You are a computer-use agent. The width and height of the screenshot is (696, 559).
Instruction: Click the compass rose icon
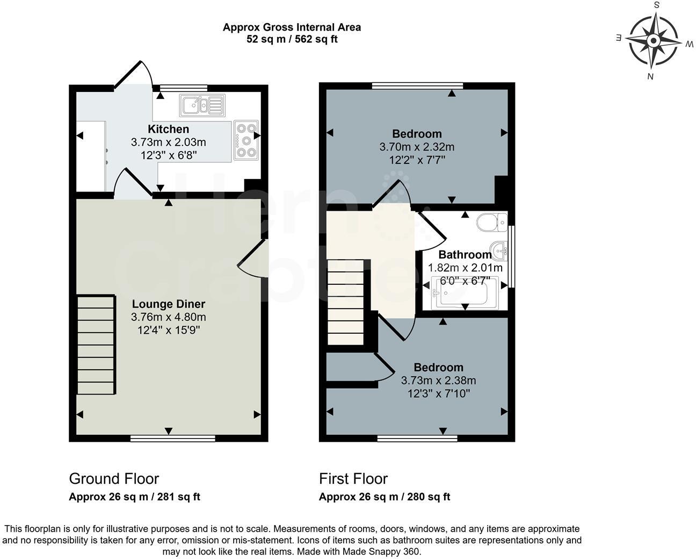click(x=653, y=41)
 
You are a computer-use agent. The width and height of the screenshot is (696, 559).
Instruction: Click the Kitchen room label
click(x=169, y=129)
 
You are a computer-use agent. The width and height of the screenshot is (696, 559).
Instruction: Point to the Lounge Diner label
click(x=169, y=304)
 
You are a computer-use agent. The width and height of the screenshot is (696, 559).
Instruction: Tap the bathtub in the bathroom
click(x=465, y=293)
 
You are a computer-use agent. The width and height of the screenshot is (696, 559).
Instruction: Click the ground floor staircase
click(x=96, y=345)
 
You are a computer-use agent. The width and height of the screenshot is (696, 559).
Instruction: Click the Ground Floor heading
click(x=114, y=478)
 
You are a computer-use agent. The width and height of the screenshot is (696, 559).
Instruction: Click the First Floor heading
click(x=353, y=478)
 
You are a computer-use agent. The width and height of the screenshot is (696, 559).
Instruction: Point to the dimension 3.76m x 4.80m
click(x=169, y=317)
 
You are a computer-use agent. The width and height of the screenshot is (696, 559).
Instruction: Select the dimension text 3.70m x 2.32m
click(x=417, y=147)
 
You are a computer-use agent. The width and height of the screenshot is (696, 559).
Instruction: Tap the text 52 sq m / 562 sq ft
click(x=292, y=39)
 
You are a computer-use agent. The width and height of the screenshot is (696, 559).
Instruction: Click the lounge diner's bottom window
click(x=172, y=439)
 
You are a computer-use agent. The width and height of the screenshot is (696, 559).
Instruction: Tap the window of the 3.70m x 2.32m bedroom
click(x=417, y=85)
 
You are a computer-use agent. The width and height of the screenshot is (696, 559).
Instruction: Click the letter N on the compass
click(x=650, y=76)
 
